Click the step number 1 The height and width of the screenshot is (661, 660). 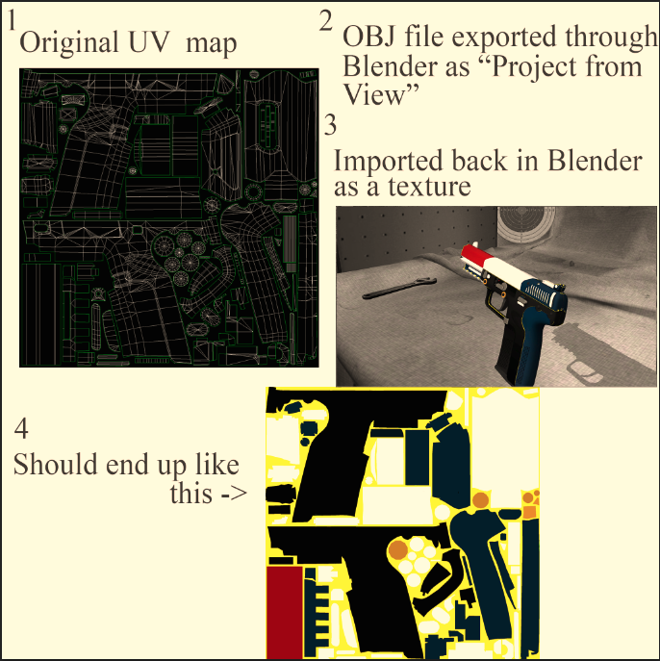[13, 20]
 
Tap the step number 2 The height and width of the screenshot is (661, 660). [326, 22]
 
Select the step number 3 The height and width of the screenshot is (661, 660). [330, 125]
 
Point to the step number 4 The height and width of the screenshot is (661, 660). [21, 429]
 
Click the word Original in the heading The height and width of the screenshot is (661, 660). [69, 42]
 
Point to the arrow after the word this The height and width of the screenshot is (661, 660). [234, 494]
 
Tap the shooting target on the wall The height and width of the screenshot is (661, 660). [522, 226]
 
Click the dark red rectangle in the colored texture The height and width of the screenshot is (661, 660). [285, 612]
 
